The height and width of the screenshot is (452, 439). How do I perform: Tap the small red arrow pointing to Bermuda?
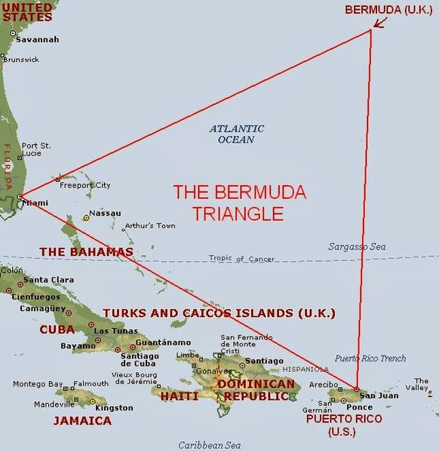coord(380,23)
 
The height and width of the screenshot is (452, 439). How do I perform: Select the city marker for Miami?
coord(19,198)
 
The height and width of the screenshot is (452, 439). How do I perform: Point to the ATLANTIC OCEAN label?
coord(237,134)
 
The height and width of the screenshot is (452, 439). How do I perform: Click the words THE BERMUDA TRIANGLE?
coord(240,202)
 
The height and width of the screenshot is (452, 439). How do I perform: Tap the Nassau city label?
coord(105,214)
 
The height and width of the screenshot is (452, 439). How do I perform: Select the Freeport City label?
coord(85,185)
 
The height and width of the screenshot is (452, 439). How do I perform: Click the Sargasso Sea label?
coord(356,247)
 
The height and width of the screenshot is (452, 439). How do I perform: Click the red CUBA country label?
coord(57,329)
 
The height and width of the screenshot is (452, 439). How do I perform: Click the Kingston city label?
coord(115,407)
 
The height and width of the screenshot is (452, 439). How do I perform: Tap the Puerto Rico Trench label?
coord(370,358)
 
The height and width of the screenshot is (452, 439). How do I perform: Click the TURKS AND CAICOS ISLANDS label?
coord(219,312)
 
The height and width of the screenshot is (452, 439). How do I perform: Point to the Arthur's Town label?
coord(150,226)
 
